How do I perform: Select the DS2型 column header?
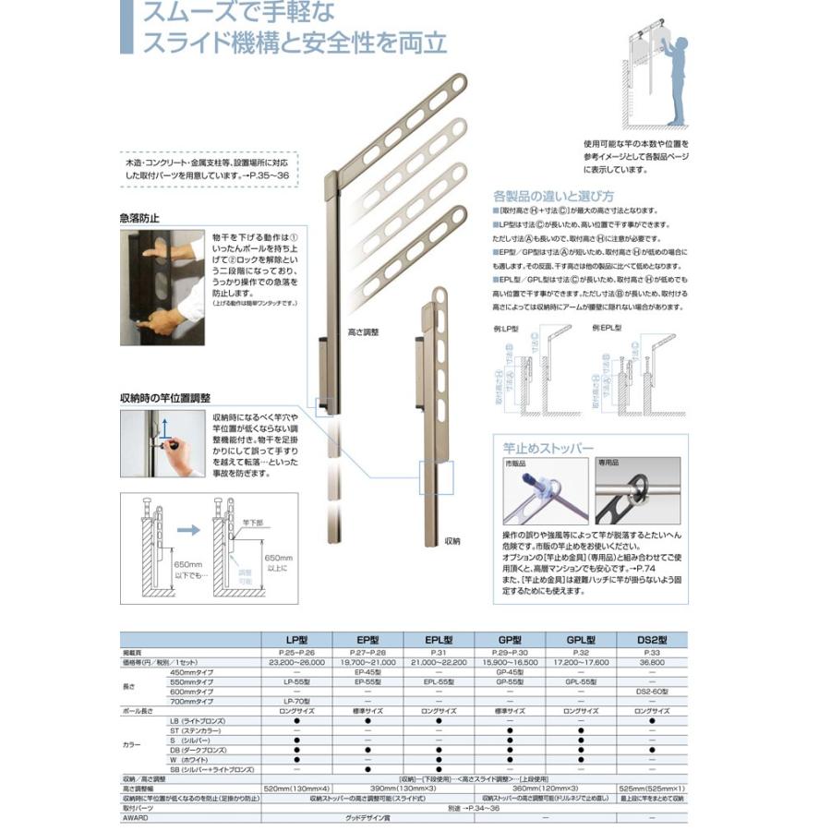[x=652, y=639]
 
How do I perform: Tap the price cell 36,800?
[x=652, y=662]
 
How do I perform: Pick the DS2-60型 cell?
[x=652, y=691]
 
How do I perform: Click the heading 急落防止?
[x=139, y=219]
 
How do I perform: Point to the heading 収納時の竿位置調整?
[x=165, y=398]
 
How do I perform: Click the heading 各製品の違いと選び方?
[x=553, y=196]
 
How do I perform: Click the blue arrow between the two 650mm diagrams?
[x=187, y=532]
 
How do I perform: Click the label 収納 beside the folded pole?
[x=452, y=541]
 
